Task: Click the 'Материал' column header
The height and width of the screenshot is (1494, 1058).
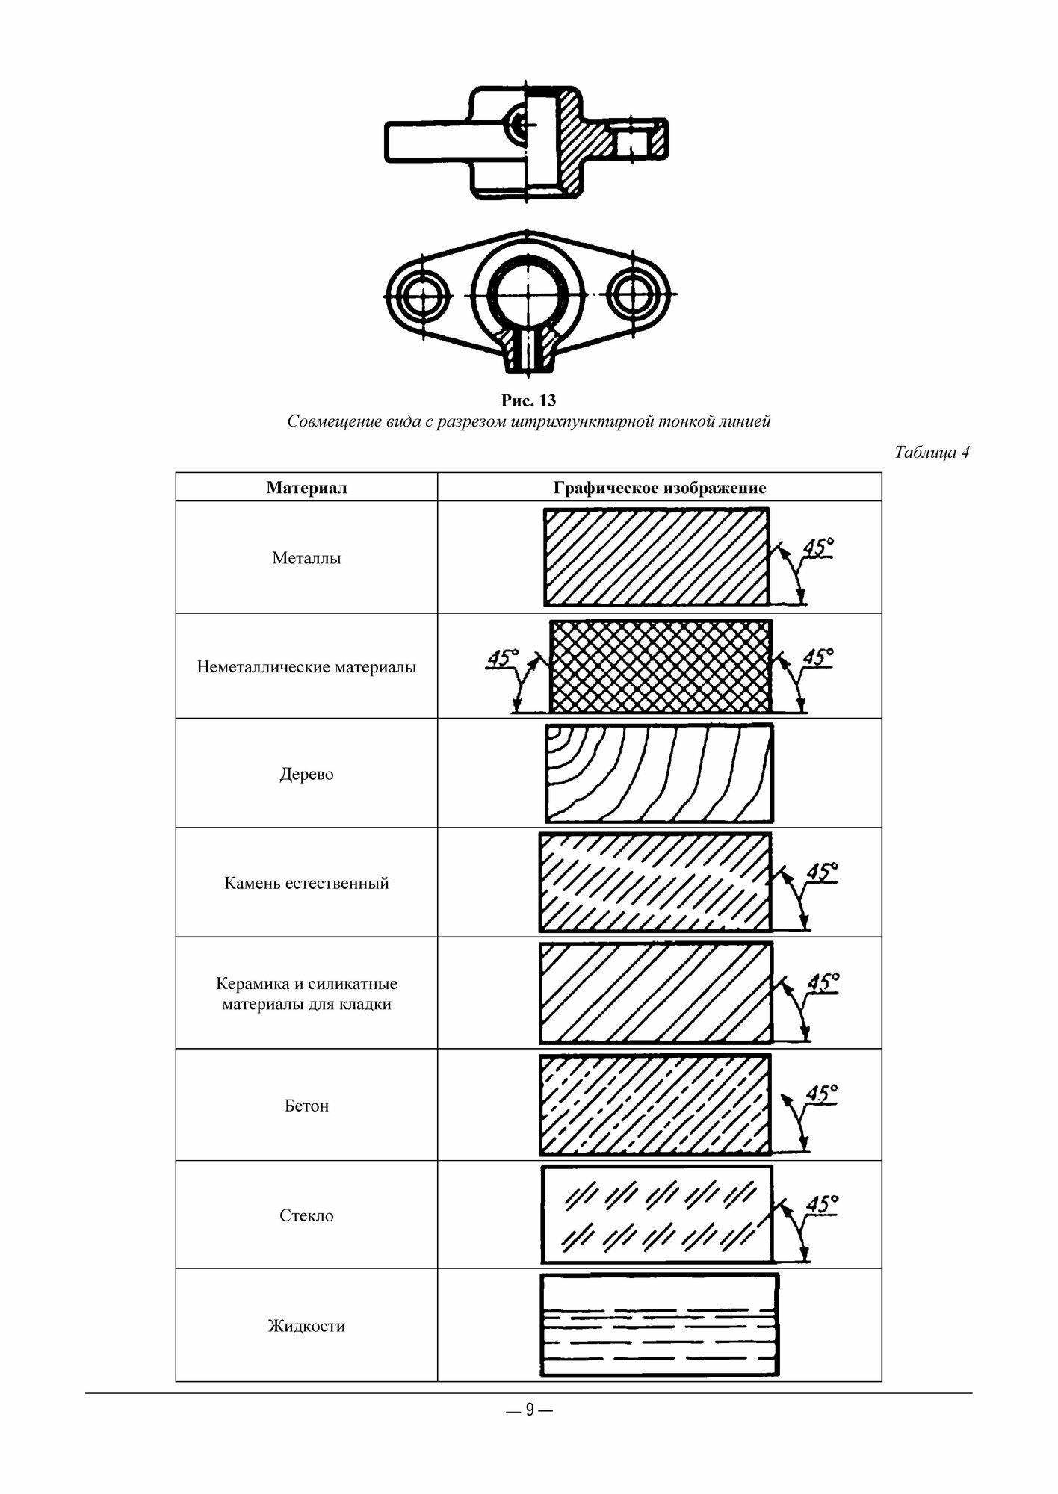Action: [x=306, y=488]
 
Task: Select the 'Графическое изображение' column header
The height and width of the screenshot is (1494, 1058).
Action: [x=659, y=488]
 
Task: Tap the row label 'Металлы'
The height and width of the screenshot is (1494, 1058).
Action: [x=306, y=558]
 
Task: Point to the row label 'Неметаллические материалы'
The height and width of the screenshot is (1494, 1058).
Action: [x=306, y=666]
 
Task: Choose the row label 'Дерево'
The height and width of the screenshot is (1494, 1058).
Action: [x=306, y=774]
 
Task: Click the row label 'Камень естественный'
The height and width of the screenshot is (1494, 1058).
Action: [x=306, y=883]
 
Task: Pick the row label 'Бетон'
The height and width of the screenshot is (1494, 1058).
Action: [x=306, y=1106]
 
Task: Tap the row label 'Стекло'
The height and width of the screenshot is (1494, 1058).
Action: [x=306, y=1215]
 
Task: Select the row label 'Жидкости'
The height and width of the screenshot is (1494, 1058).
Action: [x=306, y=1326]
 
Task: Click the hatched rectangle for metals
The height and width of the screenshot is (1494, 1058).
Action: [x=656, y=557]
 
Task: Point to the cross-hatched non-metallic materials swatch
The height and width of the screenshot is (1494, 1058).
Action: [x=660, y=666]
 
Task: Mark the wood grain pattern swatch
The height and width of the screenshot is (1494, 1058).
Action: [x=659, y=773]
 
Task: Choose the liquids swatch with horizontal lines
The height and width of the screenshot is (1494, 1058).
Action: [x=659, y=1325]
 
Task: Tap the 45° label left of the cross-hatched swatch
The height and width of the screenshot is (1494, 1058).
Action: [x=501, y=658]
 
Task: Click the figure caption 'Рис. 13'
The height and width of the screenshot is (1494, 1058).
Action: [x=528, y=400]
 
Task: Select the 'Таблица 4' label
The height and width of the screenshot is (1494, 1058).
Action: [x=931, y=452]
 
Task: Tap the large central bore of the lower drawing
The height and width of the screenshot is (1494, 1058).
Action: [x=528, y=294]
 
